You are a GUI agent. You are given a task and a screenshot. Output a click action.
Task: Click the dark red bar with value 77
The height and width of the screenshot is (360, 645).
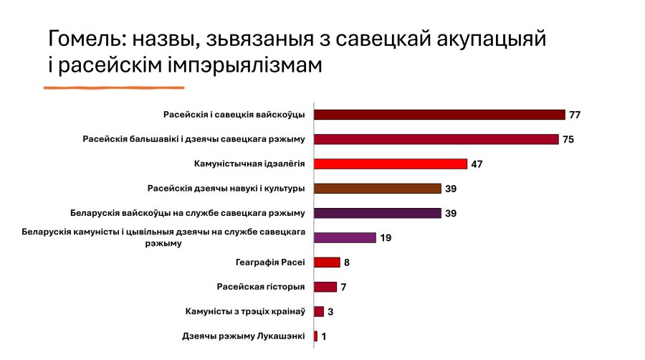(439, 115)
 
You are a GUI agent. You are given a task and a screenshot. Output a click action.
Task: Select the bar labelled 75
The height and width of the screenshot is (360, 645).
(436, 139)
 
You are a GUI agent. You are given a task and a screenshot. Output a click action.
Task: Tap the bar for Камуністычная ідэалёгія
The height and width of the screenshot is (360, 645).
(391, 164)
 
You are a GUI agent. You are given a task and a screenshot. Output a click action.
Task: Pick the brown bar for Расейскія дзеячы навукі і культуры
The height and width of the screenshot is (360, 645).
(377, 189)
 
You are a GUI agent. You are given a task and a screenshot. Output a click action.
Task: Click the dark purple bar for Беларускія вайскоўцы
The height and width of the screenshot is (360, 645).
(377, 213)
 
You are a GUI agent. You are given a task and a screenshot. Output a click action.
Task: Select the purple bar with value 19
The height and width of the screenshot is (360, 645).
(345, 237)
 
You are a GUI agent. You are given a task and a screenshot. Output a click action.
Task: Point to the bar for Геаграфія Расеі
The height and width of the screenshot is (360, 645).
(327, 262)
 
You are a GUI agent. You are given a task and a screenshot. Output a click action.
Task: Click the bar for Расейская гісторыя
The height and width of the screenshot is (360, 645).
(325, 287)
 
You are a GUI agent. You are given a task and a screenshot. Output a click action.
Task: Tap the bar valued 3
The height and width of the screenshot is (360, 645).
(319, 311)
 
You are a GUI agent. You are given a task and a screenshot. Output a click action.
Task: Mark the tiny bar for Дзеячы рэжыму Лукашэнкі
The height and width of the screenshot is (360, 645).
(316, 336)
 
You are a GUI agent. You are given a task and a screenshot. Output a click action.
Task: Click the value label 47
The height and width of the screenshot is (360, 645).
(477, 164)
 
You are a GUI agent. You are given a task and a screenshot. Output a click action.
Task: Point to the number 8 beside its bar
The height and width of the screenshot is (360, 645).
(347, 262)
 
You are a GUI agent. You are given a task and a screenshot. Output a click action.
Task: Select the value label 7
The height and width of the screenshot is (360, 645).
(344, 288)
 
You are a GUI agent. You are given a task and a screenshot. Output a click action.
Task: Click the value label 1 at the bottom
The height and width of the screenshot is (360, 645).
(324, 336)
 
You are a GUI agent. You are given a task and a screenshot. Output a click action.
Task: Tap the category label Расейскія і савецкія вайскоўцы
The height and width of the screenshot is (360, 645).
(234, 115)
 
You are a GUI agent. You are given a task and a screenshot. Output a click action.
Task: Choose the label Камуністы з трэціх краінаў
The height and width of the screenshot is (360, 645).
(245, 311)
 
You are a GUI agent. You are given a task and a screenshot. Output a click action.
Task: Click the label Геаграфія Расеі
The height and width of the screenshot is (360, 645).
(270, 262)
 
